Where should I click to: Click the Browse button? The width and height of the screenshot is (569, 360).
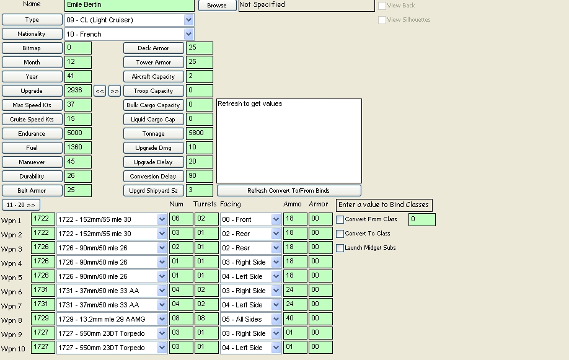(x=217, y=6)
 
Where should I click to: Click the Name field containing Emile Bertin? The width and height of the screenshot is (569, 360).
(x=129, y=5)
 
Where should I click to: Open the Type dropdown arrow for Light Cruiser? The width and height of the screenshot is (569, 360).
(x=188, y=20)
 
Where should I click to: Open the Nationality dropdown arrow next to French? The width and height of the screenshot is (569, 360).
(x=188, y=34)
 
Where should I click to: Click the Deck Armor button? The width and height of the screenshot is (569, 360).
(x=154, y=48)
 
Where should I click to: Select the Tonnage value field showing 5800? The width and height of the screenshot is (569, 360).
(x=199, y=133)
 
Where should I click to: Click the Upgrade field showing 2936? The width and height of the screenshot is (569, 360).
(x=78, y=90)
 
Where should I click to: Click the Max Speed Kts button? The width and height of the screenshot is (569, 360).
(x=32, y=105)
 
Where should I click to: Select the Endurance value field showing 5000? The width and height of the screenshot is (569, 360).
(x=78, y=133)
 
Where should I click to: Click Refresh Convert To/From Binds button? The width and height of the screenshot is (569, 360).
(x=289, y=190)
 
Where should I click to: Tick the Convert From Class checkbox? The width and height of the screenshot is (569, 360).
(x=340, y=219)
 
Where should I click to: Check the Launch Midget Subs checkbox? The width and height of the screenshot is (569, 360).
(x=340, y=248)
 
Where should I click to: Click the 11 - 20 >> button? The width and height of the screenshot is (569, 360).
(x=21, y=205)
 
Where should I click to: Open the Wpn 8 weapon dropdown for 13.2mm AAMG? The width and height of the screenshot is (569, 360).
(x=162, y=319)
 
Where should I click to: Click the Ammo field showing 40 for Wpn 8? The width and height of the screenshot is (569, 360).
(x=295, y=319)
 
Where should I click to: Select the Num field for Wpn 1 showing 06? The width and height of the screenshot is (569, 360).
(x=181, y=219)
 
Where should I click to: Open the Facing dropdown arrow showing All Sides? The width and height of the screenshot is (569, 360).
(x=276, y=319)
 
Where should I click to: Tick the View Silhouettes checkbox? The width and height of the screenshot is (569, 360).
(x=382, y=20)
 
